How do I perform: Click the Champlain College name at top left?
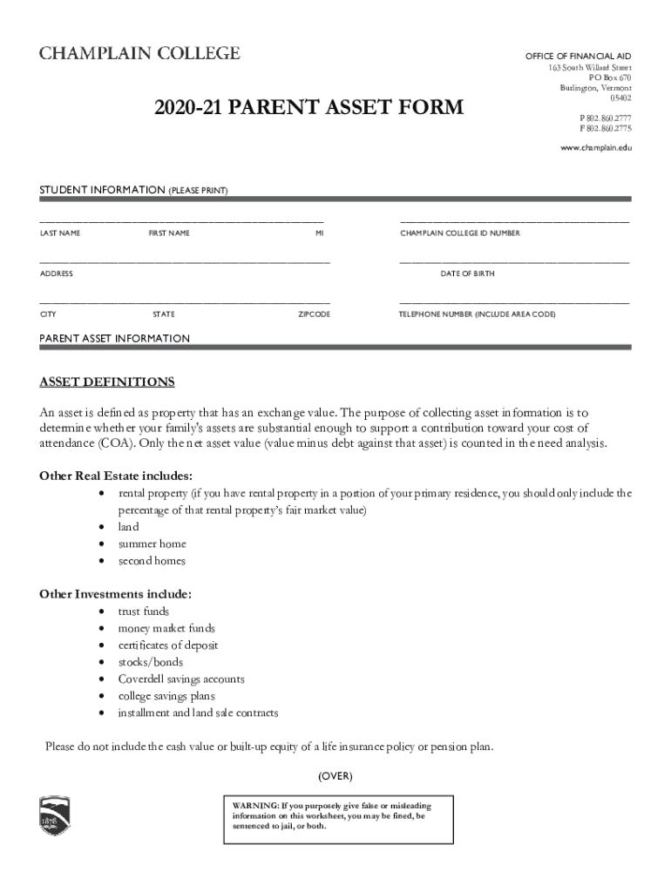139,54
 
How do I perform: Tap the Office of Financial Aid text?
578,56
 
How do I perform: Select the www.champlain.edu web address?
595,148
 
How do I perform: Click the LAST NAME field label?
60,233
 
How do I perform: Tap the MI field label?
320,233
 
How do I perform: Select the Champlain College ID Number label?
460,233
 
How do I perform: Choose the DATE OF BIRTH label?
467,274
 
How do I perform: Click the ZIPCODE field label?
314,314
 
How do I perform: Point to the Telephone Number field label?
478,314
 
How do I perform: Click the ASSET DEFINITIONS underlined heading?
107,382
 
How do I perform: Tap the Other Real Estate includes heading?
116,476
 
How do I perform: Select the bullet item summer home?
152,544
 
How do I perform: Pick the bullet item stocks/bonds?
150,662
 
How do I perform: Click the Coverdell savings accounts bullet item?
181,679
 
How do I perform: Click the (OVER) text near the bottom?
335,776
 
